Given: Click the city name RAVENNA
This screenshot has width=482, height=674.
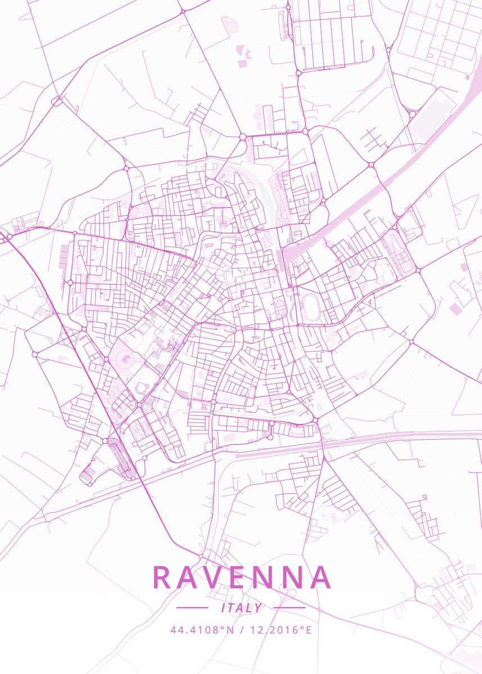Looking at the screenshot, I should click(241, 577).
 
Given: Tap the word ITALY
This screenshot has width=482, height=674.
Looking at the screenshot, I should click(242, 608).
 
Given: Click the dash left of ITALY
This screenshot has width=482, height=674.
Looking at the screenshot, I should click(192, 607).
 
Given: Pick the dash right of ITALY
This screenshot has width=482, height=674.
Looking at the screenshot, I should click(290, 607).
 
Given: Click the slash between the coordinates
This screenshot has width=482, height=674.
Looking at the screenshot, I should click(241, 630).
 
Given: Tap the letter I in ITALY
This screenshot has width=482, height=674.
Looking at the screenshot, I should click(224, 608).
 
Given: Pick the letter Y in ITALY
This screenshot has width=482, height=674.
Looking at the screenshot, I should click(259, 608).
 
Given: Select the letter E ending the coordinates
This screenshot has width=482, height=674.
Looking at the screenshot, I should click(308, 630).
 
